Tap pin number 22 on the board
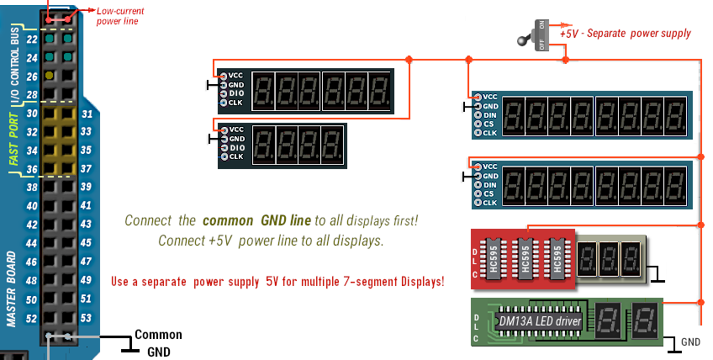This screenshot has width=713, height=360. coord(31,40)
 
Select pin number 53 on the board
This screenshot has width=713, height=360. coord(86,318)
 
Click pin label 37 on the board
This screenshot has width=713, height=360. coord(86,169)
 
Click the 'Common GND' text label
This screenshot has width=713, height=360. coord(158,342)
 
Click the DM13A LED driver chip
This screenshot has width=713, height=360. coord(539,320)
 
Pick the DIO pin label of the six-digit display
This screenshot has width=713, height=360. coord(235,93)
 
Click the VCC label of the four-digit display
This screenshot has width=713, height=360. coord(235,130)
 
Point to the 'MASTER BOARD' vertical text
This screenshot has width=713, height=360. coord(13,287)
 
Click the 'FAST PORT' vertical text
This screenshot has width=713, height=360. coord(13,140)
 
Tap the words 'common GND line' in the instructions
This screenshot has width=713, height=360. coord(256,220)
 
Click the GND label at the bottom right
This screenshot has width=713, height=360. coord(690,342)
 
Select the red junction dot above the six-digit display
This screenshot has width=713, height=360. coord(409,59)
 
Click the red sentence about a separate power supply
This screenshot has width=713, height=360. coord(277,281)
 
